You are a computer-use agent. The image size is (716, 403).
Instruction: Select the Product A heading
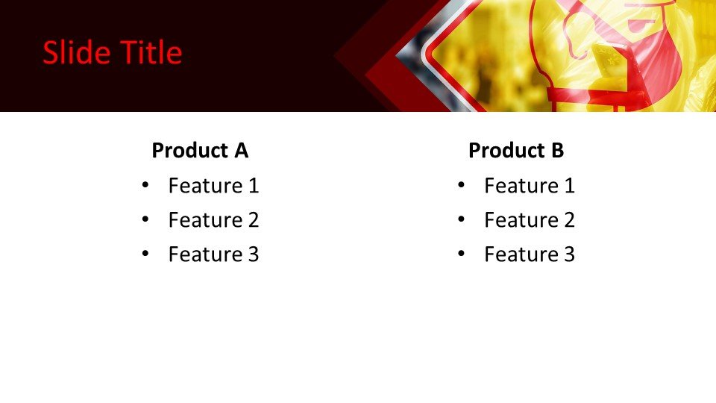(x=199, y=151)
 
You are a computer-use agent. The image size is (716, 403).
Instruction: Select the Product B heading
(x=515, y=151)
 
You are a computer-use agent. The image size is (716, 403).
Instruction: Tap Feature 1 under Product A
(x=213, y=186)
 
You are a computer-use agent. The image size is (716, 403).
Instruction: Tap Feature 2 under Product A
(x=213, y=220)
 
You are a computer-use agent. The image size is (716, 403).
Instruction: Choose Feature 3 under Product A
(x=213, y=254)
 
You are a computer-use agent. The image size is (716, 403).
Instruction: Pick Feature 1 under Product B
(x=529, y=186)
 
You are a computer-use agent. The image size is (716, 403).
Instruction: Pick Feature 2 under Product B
(x=529, y=220)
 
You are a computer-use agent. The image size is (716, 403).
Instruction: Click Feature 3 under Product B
(x=529, y=254)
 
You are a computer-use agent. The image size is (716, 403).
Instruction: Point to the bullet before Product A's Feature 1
(x=145, y=185)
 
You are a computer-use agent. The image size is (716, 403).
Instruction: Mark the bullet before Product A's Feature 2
(x=145, y=219)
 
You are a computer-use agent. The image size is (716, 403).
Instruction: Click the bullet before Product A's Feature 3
(x=145, y=254)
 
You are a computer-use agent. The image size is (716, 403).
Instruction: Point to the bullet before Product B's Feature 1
(x=461, y=185)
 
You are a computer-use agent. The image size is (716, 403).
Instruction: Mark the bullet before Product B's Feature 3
(x=461, y=254)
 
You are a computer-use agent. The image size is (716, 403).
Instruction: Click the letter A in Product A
(x=241, y=151)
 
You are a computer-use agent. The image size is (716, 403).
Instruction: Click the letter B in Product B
(x=557, y=151)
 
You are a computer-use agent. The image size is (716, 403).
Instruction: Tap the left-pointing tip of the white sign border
(x=423, y=56)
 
